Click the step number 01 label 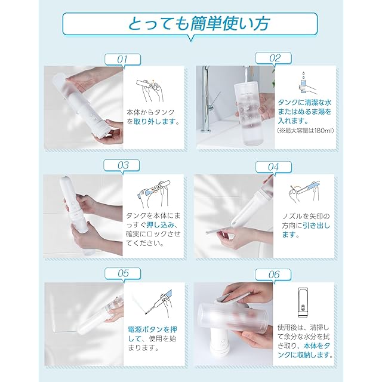(122, 60)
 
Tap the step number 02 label (274, 58)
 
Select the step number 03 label (122, 165)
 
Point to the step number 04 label (274, 167)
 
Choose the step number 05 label (123, 273)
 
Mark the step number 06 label (273, 275)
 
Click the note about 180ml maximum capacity (305, 131)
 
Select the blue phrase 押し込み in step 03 (161, 225)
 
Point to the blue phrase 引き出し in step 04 (316, 226)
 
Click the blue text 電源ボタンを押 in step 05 (153, 329)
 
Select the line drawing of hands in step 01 (150, 90)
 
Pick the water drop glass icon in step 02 (307, 83)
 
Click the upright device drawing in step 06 (304, 303)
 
